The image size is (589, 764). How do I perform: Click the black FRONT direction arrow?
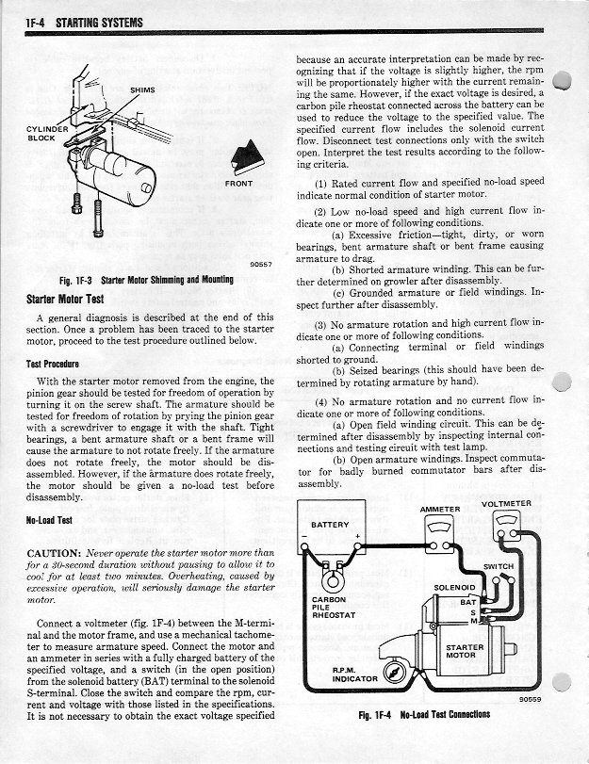[237, 154]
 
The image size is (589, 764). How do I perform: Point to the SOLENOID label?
[453, 587]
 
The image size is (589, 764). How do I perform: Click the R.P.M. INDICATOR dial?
[397, 672]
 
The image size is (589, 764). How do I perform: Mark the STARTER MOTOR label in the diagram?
[465, 653]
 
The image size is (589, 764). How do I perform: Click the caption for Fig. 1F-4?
[424, 714]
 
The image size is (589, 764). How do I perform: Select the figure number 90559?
[531, 700]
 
